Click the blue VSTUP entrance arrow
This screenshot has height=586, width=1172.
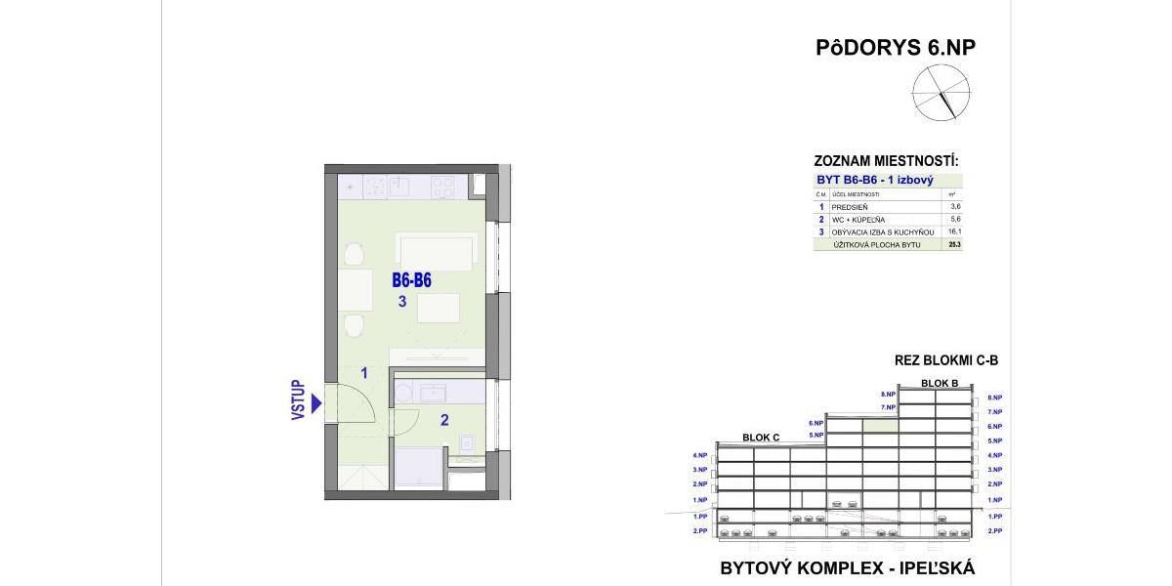315,404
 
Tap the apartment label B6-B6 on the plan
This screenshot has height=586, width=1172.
411,280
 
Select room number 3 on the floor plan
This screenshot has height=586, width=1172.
402,302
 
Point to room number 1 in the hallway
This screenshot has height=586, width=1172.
363,372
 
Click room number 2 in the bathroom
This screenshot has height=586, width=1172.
444,421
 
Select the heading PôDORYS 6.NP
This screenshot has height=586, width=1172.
896,48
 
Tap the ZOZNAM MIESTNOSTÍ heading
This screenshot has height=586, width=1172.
886,161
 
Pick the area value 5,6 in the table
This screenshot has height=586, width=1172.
954,220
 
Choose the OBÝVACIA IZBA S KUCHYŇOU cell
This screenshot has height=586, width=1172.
883,232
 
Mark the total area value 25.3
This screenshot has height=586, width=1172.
954,245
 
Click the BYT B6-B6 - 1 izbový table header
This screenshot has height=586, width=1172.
875,181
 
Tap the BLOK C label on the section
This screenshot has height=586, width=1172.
761,438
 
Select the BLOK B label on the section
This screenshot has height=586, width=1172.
940,383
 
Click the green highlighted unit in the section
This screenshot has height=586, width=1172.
881,426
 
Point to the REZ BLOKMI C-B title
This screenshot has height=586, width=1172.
945,360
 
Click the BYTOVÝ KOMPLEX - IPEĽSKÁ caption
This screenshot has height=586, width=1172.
847,567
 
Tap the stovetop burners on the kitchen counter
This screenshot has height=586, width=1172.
442,185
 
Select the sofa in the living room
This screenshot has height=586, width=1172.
438,252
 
